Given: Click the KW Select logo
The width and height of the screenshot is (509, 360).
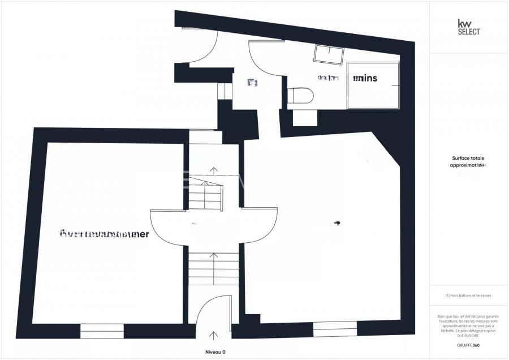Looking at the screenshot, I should click(469, 27).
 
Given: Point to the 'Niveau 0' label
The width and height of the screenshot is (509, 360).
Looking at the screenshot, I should click(215, 352).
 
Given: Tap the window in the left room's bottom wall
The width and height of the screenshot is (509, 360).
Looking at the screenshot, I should click(102, 331).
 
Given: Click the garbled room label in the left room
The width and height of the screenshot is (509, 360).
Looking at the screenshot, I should click(105, 234).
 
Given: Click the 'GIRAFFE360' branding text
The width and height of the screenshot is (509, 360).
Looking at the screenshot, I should click(468, 345).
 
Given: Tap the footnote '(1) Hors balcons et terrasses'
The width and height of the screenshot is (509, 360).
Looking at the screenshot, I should click(468, 295).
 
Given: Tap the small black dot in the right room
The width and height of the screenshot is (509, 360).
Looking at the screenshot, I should click(337, 222).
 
